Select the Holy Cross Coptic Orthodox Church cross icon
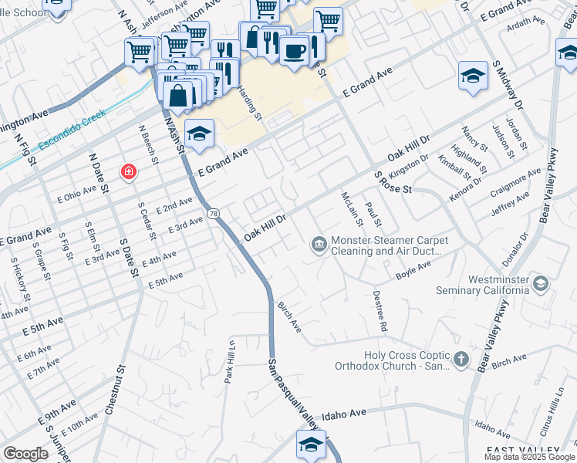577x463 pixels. point(461,359)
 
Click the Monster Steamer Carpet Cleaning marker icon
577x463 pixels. point(319,245)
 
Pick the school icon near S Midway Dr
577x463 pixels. point(473,76)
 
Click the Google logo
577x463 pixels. point(25,454)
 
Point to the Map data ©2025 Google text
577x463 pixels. point(529,457)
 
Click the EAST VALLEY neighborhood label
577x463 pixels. point(523,449)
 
